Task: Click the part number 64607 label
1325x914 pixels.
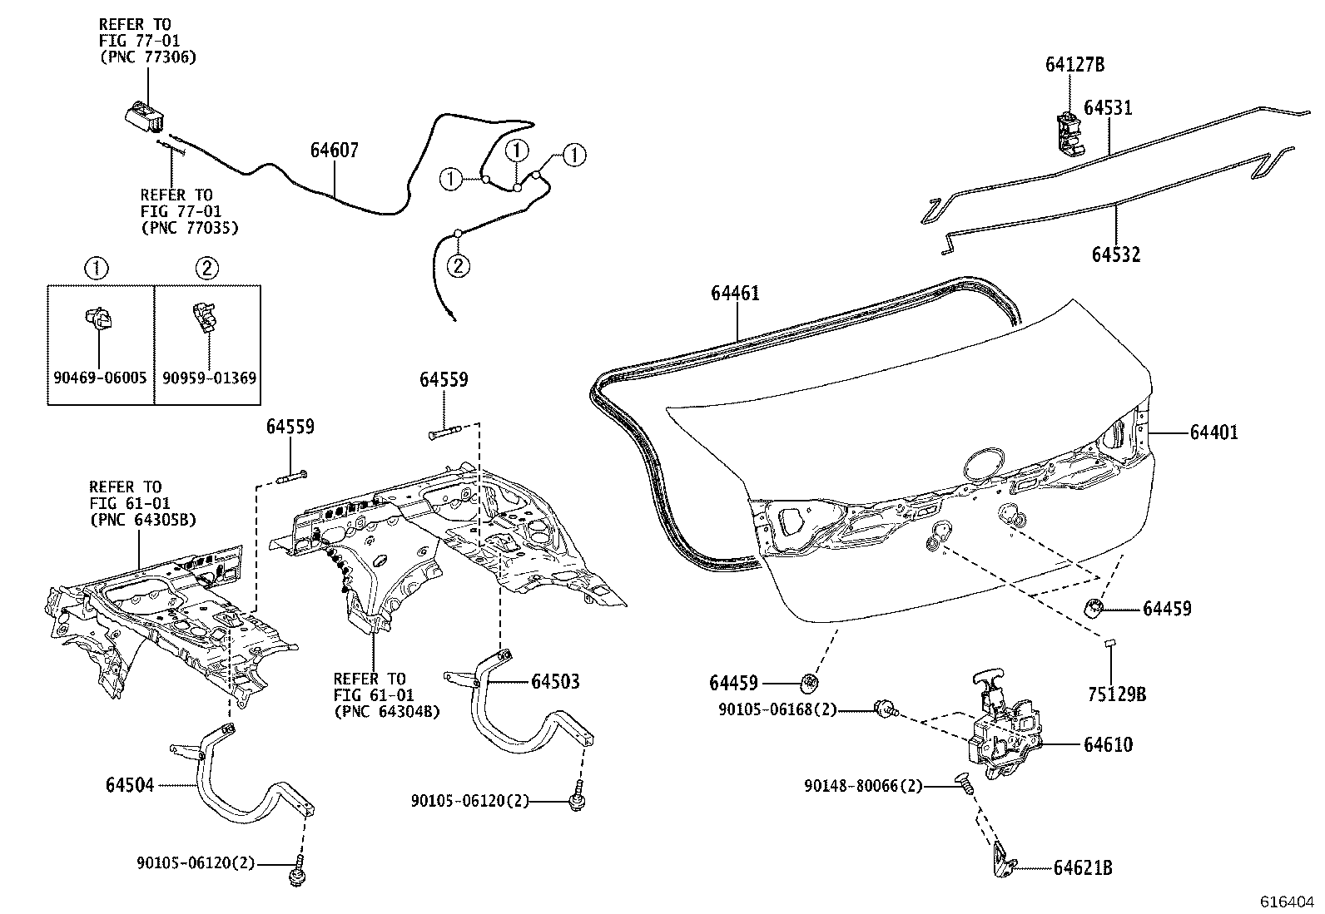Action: pyautogui.click(x=334, y=151)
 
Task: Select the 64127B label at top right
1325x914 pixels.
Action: pyautogui.click(x=1074, y=65)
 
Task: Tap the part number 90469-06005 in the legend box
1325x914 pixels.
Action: pyautogui.click(x=99, y=378)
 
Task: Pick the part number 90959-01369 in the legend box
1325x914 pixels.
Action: pyautogui.click(x=209, y=378)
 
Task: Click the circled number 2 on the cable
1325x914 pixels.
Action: pyautogui.click(x=458, y=265)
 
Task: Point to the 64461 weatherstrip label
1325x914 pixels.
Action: pyautogui.click(x=735, y=293)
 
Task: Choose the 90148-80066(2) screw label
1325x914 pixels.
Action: pyautogui.click(x=863, y=785)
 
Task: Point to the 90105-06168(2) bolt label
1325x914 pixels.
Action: pyautogui.click(x=777, y=709)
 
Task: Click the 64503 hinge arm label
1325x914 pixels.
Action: pyautogui.click(x=555, y=681)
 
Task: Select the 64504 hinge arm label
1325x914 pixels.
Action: pyautogui.click(x=130, y=784)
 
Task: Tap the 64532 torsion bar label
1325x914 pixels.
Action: pyautogui.click(x=1115, y=254)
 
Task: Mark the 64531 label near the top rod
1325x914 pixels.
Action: pyautogui.click(x=1107, y=107)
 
